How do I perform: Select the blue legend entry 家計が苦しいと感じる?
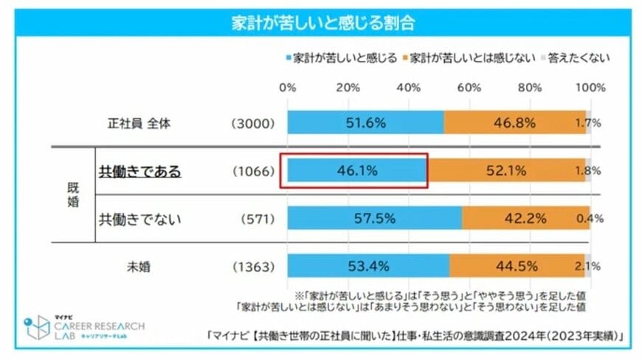point(340,57)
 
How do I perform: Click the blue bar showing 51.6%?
point(365,122)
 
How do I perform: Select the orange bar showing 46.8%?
point(514,122)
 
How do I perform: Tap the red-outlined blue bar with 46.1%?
point(356,170)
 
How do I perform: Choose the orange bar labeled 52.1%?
point(505,170)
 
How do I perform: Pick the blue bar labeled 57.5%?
point(374,218)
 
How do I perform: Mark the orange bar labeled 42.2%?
point(525,218)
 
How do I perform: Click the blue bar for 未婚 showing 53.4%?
point(367,266)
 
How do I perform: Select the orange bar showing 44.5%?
point(517,266)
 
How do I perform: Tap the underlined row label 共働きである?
point(140,170)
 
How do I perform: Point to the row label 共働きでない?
point(140,218)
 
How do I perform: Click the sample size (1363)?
point(252,266)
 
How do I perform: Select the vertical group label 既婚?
point(72,194)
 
